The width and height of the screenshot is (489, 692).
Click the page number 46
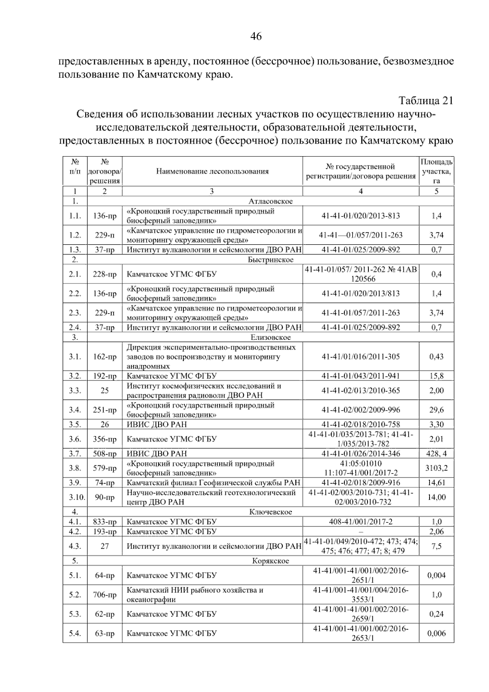pos(256,37)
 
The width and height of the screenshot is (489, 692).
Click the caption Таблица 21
pos(425,100)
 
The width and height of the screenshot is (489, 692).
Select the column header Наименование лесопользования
pos(212,172)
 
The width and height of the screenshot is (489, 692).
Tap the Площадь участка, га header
pos(436,172)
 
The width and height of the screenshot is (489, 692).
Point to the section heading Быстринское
pos(271,260)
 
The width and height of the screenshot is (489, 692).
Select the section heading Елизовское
pos(271,337)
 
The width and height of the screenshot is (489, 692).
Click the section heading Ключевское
pos(271,512)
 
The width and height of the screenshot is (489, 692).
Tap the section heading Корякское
pos(271,561)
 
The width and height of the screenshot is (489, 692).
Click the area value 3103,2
pos(436,468)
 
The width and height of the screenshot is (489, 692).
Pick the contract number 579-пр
pos(105,468)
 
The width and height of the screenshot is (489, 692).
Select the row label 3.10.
pos(75,497)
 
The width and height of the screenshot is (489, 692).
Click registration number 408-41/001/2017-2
pos(361,522)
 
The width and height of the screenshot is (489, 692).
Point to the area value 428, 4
pos(436,453)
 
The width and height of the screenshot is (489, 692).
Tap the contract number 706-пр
pos(105,595)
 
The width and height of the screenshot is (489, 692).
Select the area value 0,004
pos(436,575)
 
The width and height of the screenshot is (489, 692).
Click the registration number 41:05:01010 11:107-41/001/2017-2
pos(361,468)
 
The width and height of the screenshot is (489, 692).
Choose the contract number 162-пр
pos(105,357)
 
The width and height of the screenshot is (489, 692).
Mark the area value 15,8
pos(436,376)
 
